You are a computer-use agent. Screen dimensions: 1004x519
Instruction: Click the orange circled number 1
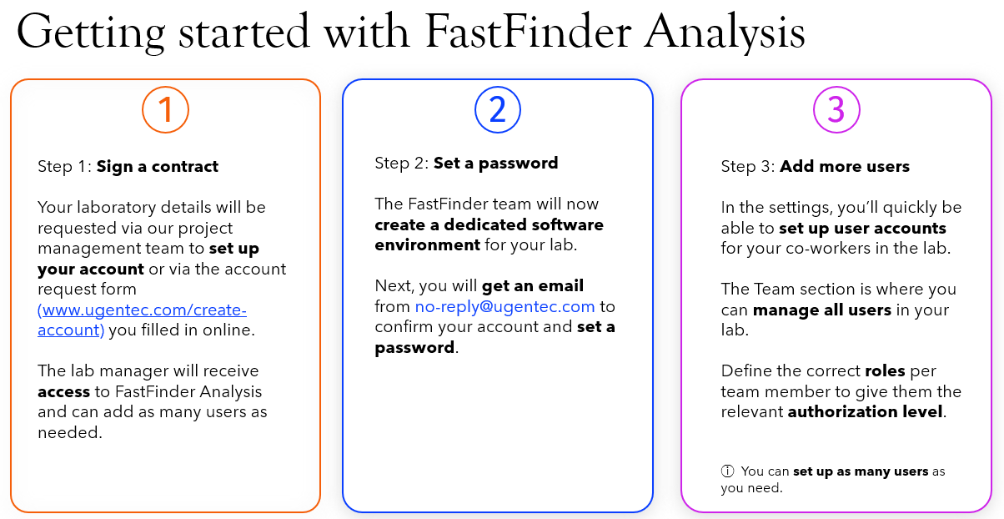pyautogui.click(x=165, y=110)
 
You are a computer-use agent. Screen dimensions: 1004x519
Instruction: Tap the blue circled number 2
pyautogui.click(x=498, y=110)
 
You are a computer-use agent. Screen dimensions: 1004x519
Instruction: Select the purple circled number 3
pyautogui.click(x=836, y=110)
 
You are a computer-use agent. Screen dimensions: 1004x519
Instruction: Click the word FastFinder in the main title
pyautogui.click(x=528, y=33)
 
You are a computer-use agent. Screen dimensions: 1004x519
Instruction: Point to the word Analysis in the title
pyautogui.click(x=725, y=34)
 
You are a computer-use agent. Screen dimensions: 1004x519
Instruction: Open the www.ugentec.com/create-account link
pyautogui.click(x=142, y=320)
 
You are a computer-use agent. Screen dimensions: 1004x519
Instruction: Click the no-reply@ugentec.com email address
pyautogui.click(x=505, y=306)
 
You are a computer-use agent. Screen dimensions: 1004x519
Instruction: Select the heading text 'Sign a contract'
pyautogui.click(x=158, y=166)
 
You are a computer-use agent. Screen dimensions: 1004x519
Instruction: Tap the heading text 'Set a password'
pyautogui.click(x=495, y=164)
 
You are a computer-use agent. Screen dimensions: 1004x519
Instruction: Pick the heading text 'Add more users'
pyautogui.click(x=845, y=166)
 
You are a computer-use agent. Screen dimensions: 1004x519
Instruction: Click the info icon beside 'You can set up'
pyautogui.click(x=727, y=471)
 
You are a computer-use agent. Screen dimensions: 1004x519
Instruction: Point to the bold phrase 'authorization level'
pyautogui.click(x=865, y=412)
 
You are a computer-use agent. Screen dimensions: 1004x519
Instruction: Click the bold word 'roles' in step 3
pyautogui.click(x=885, y=371)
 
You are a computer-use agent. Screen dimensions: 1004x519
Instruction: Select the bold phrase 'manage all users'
pyautogui.click(x=822, y=310)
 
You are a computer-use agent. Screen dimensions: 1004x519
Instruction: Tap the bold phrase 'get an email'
pyautogui.click(x=533, y=285)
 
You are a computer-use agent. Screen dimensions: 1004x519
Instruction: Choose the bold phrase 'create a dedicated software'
pyautogui.click(x=489, y=224)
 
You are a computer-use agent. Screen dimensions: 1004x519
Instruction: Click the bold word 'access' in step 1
pyautogui.click(x=63, y=392)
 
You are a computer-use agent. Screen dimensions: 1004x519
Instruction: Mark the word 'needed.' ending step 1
pyautogui.click(x=70, y=432)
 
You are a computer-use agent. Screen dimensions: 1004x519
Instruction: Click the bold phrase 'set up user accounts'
pyautogui.click(x=862, y=229)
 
